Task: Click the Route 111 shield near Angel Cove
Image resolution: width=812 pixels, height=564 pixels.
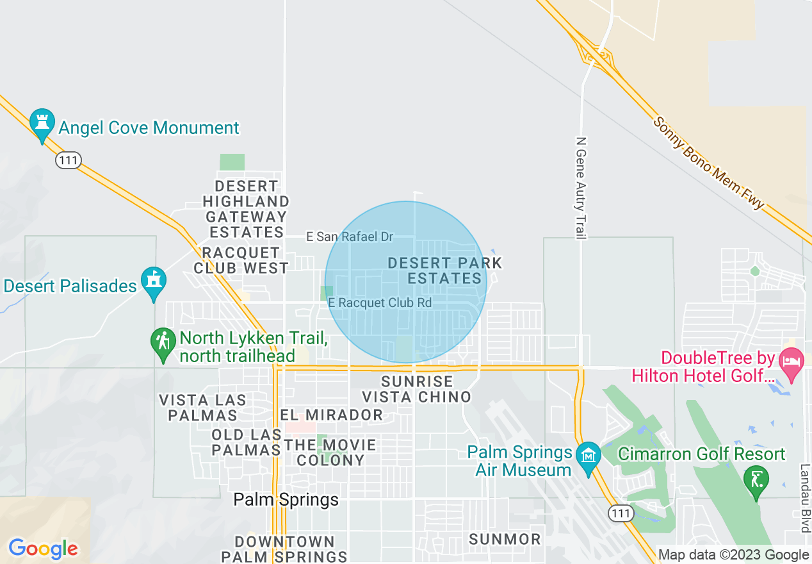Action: (x=68, y=160)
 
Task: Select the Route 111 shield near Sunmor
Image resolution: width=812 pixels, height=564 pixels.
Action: (x=621, y=513)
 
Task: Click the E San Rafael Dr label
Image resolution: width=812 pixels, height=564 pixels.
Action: (x=350, y=237)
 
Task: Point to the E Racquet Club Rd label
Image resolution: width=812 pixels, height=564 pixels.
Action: (x=380, y=303)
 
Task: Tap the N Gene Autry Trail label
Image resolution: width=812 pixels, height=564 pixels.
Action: (x=581, y=188)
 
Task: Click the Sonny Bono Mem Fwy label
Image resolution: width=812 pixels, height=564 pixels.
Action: (x=710, y=163)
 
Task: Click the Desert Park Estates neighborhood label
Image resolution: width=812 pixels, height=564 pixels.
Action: (x=445, y=270)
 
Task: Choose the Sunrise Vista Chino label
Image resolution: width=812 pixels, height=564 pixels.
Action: (x=417, y=389)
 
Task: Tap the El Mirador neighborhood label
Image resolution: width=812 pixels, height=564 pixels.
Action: (x=332, y=415)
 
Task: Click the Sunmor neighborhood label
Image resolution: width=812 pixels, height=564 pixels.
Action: (x=505, y=540)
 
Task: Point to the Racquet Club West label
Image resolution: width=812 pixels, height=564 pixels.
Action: (x=241, y=260)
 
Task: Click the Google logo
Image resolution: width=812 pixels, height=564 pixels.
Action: (x=43, y=549)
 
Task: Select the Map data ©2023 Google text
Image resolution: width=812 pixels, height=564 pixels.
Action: (x=733, y=555)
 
